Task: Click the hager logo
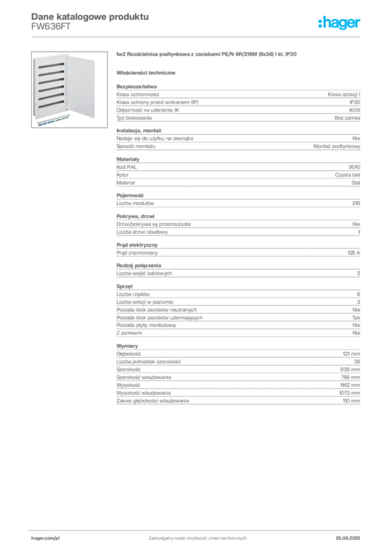[339, 23]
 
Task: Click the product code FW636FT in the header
[51, 27]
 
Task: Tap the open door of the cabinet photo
[80, 87]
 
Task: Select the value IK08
[354, 110]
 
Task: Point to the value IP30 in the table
[355, 102]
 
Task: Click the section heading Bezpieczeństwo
[137, 86]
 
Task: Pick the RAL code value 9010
[354, 167]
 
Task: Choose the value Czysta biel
[347, 175]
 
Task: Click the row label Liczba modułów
[135, 203]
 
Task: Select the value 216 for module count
[356, 203]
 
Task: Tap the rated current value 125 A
[354, 253]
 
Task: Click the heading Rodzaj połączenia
[139, 265]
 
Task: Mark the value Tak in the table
[356, 317]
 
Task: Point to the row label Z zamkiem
[129, 333]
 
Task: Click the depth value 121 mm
[351, 354]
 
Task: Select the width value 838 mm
[350, 369]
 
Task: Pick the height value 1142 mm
[350, 385]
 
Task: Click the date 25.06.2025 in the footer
[348, 538]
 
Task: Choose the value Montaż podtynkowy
[337, 146]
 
